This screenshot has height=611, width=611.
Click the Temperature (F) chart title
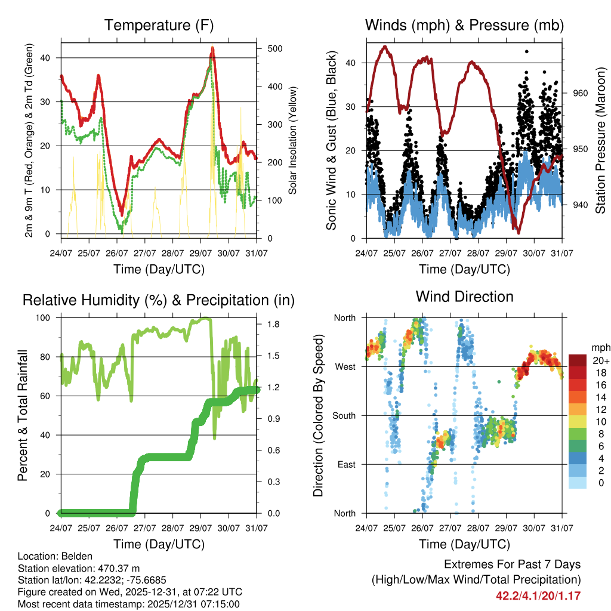coord(159,26)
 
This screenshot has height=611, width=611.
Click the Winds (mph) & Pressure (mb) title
coord(464,26)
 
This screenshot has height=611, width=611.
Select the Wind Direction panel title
coord(464,297)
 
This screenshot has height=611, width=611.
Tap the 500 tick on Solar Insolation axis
coord(275,48)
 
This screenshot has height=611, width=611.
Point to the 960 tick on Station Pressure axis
coord(581,93)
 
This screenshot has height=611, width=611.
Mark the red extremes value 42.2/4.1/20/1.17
coord(538,595)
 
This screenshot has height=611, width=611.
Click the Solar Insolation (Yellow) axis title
coord(293,141)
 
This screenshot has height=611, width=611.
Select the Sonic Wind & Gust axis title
coord(331,141)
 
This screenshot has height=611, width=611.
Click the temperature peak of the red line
coord(212,50)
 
